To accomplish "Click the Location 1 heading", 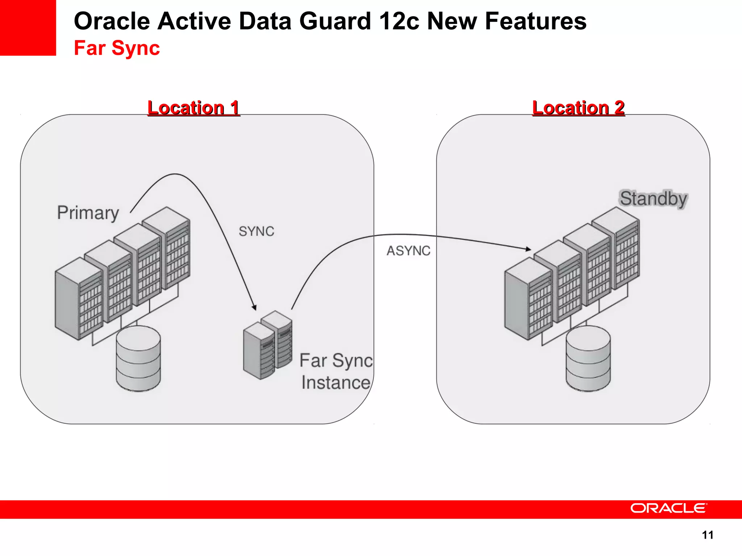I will (x=193, y=108).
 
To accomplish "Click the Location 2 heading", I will (x=578, y=108).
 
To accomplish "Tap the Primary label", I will (x=88, y=212).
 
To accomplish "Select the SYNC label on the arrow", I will (x=257, y=231).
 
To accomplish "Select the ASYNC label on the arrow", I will (x=408, y=250).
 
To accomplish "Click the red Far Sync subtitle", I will (x=117, y=48).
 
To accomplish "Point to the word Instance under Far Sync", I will (x=335, y=383).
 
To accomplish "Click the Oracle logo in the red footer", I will (x=668, y=508).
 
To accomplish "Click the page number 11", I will (x=707, y=535).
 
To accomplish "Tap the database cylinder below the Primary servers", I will (x=138, y=358).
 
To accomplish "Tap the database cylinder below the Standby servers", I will (x=588, y=358).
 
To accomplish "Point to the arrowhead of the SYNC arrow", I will (x=254, y=307).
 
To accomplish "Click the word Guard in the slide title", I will (x=335, y=21).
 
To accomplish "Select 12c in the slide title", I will (x=399, y=21).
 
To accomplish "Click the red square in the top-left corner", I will (x=28, y=28).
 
